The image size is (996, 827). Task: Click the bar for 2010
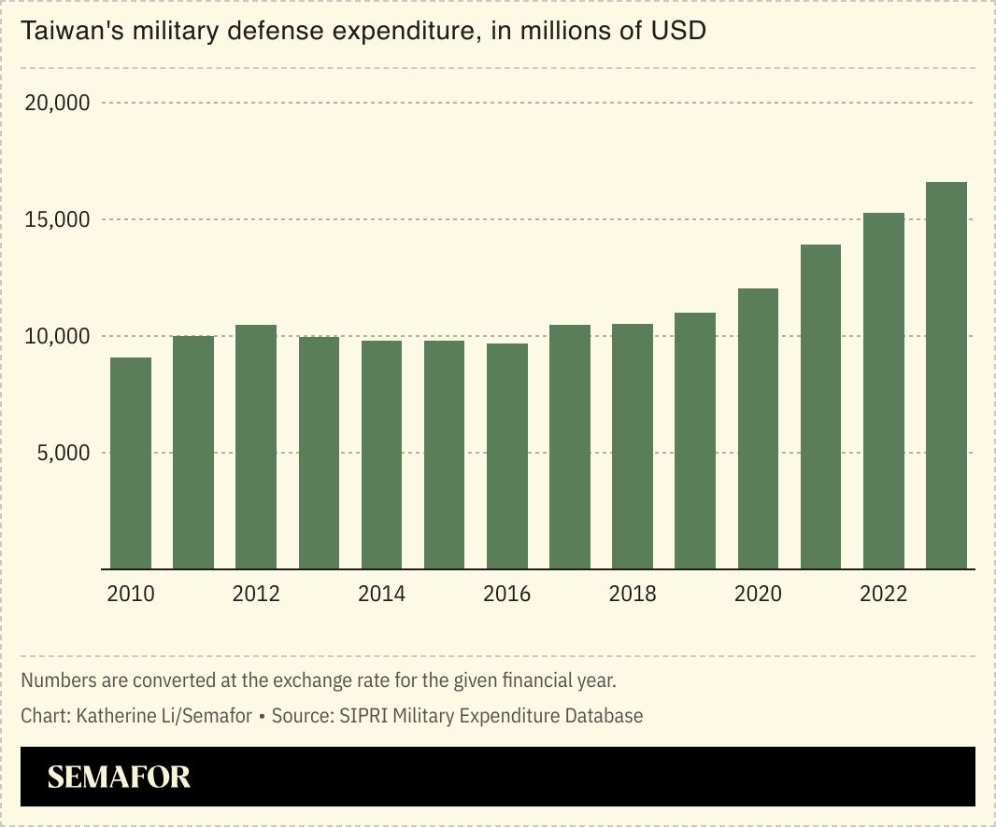(131, 463)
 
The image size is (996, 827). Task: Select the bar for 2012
(256, 446)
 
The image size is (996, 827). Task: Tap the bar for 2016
(507, 456)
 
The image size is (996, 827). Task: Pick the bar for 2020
(758, 428)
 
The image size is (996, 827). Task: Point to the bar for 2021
(820, 406)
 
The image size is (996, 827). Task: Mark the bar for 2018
(633, 446)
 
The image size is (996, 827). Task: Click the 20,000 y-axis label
(57, 103)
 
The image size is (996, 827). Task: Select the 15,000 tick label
(57, 220)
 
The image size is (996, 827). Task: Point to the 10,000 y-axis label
(57, 336)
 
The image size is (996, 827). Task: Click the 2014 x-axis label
(381, 594)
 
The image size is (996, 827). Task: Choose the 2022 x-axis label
(883, 594)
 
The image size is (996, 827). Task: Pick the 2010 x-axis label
(131, 594)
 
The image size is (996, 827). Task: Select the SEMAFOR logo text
(119, 777)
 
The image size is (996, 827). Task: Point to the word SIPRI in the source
(365, 716)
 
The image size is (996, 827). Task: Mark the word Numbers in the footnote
(55, 680)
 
